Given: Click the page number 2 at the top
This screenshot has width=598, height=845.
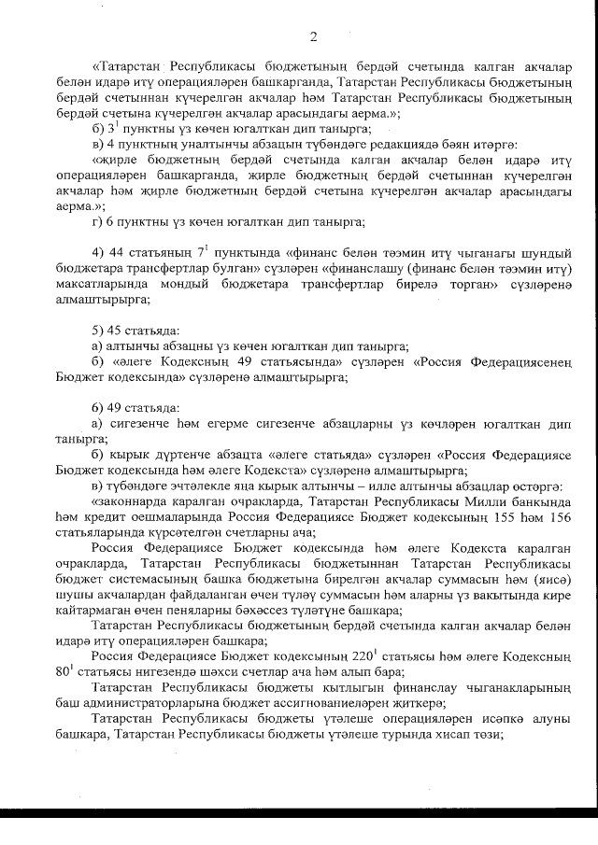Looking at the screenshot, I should click(x=313, y=36).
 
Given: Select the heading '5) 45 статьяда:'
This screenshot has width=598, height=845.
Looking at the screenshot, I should click(x=138, y=331).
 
